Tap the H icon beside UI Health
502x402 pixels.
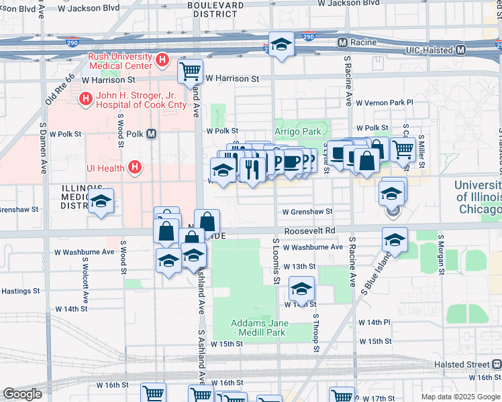[x=136, y=167]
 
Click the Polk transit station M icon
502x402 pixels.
[x=152, y=133]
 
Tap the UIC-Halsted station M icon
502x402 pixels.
[x=460, y=50]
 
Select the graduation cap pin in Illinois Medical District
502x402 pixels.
[x=101, y=200]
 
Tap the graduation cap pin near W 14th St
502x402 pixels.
[x=301, y=289]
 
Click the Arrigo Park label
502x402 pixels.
[x=297, y=132]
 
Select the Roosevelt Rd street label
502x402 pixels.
[x=309, y=230]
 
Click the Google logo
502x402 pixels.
[x=22, y=394]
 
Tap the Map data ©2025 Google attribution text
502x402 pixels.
[x=460, y=397]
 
